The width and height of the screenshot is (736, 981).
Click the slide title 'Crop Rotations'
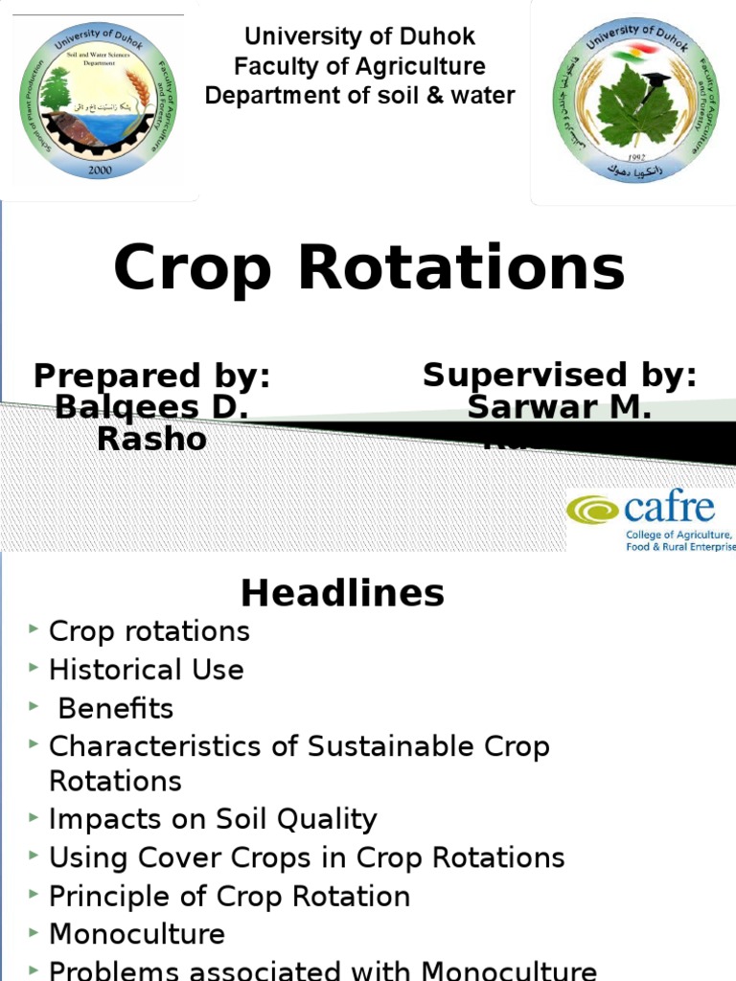[369, 269]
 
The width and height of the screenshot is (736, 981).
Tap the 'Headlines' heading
[342, 593]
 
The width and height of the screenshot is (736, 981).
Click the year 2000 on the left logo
[100, 170]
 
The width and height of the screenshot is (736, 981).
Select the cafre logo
[650, 519]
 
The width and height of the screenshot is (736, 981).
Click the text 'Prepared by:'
[151, 376]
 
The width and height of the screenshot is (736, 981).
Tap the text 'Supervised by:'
[560, 375]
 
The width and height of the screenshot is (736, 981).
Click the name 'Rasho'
[151, 439]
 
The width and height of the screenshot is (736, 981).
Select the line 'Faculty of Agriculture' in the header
[360, 66]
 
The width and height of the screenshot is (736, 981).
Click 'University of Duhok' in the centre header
[360, 36]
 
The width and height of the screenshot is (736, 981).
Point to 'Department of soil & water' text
[360, 96]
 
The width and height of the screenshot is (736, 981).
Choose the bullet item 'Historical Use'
[146, 670]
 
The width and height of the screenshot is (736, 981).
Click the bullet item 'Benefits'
[116, 709]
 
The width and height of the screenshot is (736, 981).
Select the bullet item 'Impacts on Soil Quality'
[213, 819]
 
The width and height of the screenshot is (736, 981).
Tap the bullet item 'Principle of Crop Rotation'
[229, 897]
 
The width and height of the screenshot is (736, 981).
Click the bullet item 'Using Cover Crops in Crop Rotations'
[307, 857]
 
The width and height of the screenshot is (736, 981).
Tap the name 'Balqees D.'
[151, 407]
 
